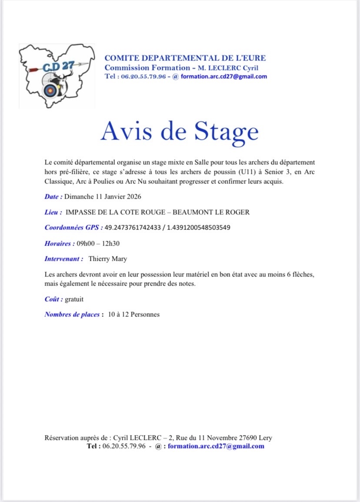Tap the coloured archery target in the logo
50,90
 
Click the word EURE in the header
254,58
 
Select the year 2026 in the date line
133,197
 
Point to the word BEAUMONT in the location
195,212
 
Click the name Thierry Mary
108,259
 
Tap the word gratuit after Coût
74,299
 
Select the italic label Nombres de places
73,314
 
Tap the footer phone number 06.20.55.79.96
123,446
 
